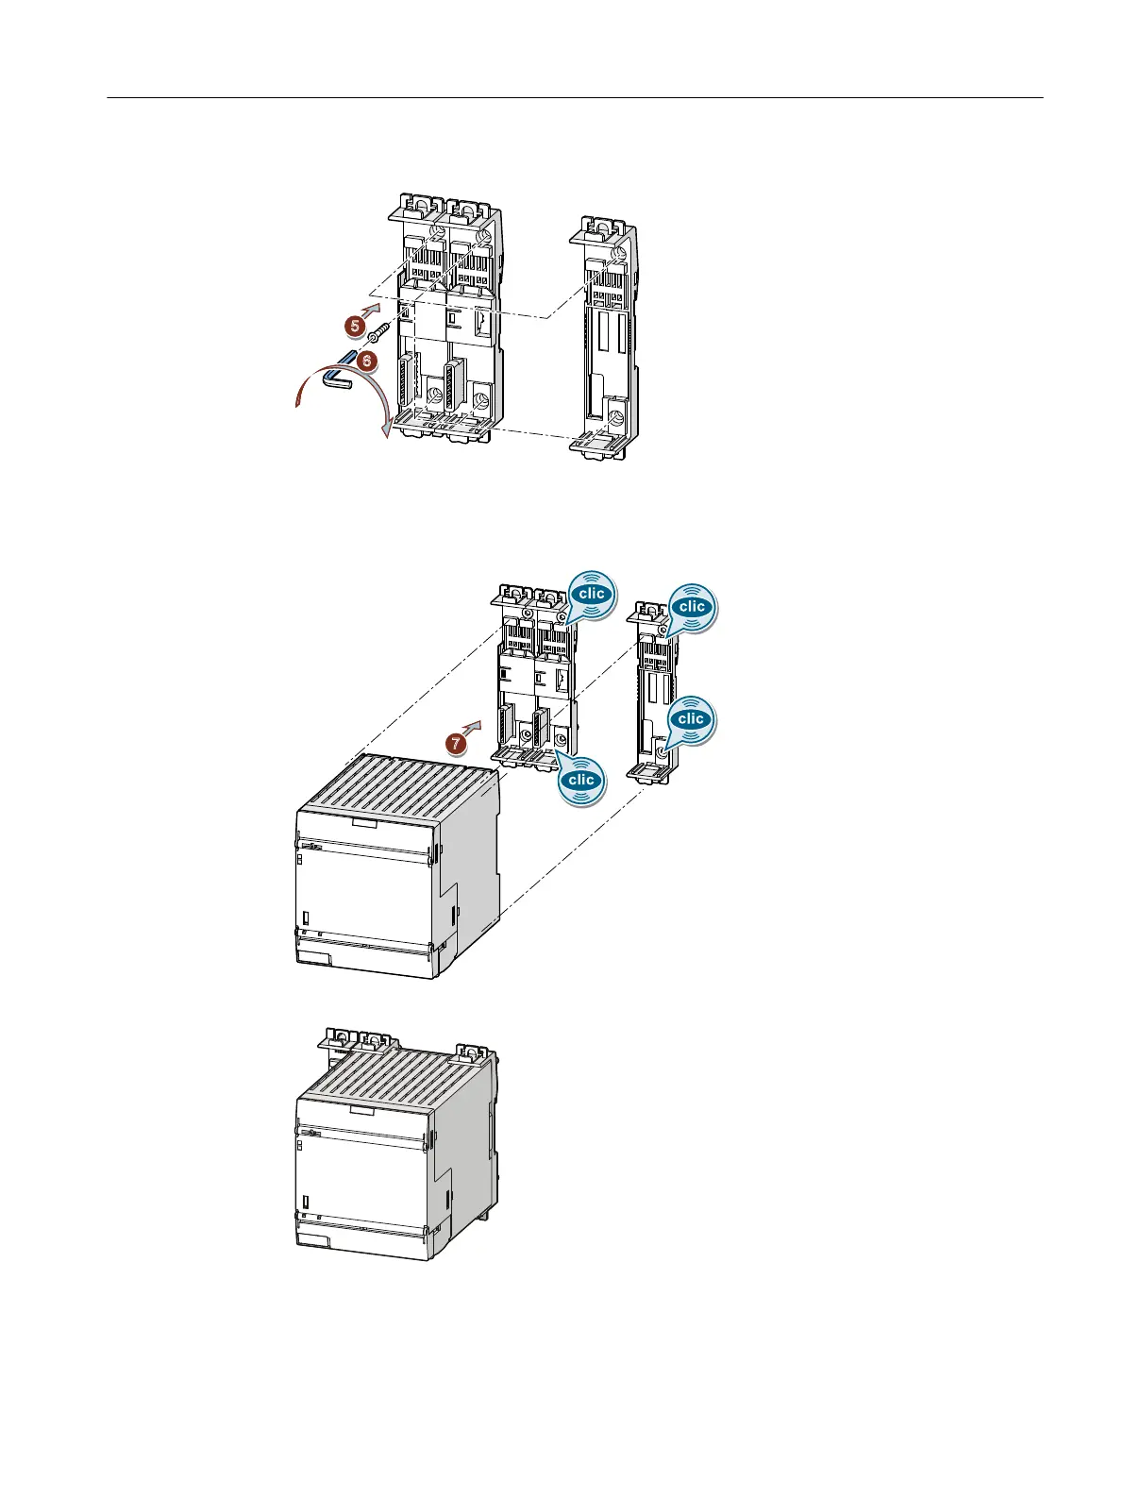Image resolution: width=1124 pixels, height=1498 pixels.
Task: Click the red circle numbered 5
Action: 354,325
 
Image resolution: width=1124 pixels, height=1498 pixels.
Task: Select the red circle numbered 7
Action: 456,744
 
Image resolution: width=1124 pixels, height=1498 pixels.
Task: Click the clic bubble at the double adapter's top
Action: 591,595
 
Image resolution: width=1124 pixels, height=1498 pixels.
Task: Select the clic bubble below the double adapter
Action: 581,780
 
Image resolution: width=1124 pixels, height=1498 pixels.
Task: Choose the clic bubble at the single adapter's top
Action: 692,606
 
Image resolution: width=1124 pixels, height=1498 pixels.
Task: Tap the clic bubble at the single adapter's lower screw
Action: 692,719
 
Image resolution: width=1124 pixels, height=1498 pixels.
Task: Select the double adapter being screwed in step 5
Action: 449,321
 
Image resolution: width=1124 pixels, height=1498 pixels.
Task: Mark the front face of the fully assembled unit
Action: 363,1180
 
